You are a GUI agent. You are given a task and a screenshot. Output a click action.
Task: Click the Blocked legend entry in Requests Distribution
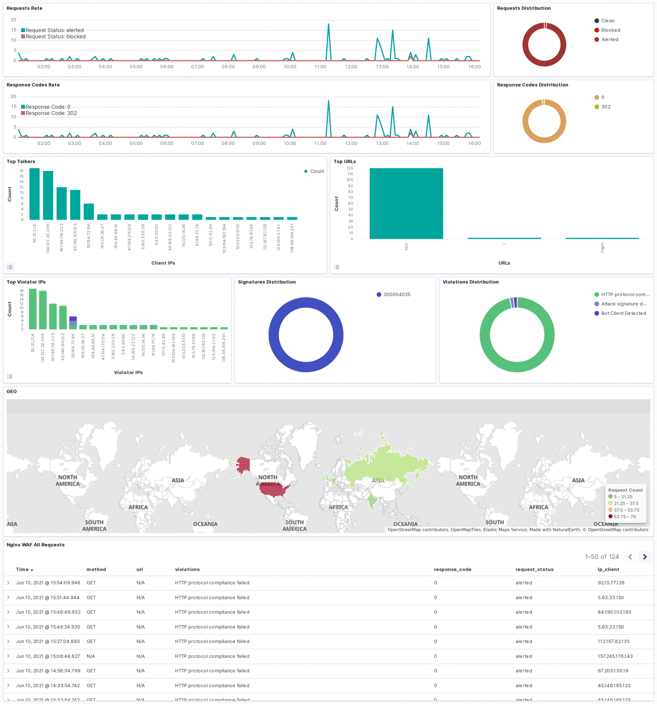610,30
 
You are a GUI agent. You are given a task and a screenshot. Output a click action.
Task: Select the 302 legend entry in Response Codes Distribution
605,107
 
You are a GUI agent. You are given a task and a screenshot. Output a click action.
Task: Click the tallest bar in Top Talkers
34,194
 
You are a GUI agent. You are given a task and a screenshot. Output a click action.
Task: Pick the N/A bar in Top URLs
406,203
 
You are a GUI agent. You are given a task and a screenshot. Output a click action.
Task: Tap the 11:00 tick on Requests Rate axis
320,67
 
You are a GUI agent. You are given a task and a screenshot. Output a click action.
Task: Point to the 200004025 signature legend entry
396,295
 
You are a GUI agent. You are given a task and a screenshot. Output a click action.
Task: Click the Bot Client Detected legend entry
623,313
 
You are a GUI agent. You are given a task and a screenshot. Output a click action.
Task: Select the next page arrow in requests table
645,557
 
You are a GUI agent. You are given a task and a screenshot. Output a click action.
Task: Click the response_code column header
452,570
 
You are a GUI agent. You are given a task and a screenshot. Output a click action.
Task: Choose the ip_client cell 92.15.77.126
611,583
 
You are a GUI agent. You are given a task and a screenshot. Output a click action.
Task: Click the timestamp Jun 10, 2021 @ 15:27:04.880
48,642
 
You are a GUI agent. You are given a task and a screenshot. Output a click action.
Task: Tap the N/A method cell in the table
91,656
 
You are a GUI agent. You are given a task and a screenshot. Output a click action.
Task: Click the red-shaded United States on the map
274,489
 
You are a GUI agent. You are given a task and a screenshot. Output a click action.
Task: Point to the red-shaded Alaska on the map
243,465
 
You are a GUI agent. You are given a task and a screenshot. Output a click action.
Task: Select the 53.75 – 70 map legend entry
624,517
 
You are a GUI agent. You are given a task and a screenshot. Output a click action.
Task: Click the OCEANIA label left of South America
205,524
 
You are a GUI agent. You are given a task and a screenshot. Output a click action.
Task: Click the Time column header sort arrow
32,570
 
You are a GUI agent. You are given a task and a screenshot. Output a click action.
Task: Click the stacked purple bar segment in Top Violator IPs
73,319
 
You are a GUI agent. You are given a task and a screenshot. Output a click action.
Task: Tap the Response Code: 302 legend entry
51,113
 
